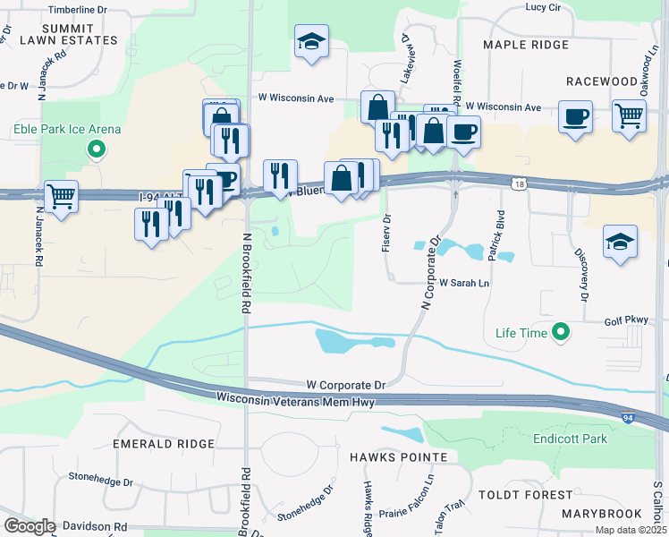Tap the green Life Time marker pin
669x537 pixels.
point(561,333)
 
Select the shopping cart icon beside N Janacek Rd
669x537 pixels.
point(61,196)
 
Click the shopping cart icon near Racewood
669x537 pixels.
point(630,115)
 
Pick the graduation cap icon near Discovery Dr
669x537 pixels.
point(620,242)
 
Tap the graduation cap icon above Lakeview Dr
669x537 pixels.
point(311,41)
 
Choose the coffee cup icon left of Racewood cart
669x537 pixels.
point(575,115)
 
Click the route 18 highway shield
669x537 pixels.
point(520,183)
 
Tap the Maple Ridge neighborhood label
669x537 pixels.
point(525,45)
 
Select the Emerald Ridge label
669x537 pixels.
point(164,444)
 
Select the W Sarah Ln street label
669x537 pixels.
point(464,283)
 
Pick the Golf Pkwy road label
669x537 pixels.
point(624,319)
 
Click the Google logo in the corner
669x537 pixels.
point(30,526)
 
